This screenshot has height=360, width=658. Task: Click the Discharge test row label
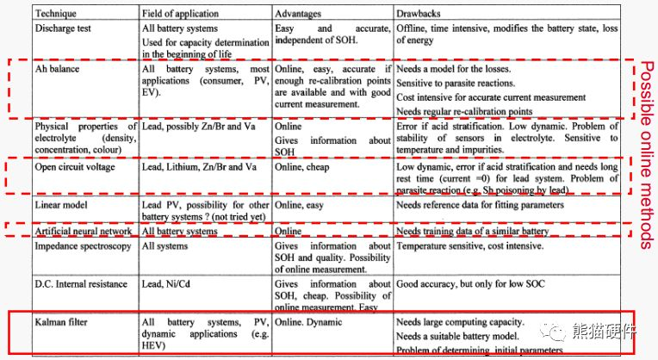pos(68,28)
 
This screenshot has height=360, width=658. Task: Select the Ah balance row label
pos(56,67)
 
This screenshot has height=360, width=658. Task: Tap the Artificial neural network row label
pos(83,231)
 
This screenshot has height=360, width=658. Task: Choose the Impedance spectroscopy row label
pos(83,245)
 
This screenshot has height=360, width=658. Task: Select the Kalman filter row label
pos(61,322)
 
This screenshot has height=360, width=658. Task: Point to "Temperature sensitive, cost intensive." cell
pos(469,245)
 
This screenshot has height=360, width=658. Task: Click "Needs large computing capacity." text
pos(456,322)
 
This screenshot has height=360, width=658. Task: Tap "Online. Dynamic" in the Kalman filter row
pos(307,322)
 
